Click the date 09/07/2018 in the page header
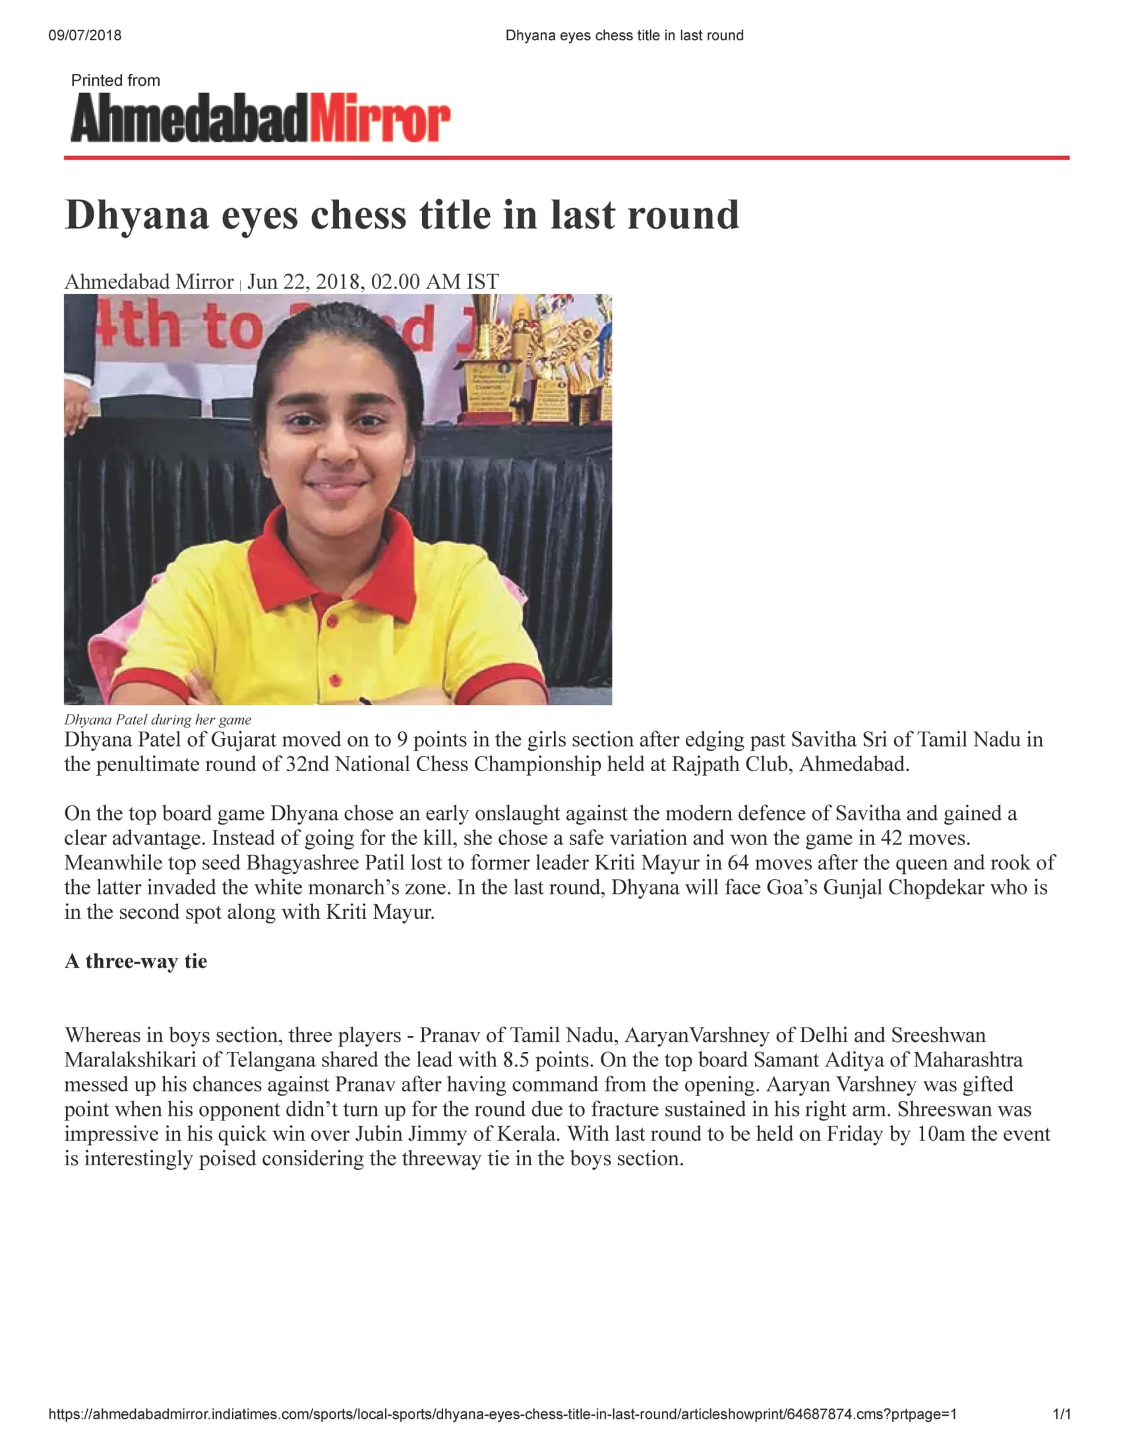click(84, 35)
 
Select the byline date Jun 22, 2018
click(306, 281)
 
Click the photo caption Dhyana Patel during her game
click(158, 720)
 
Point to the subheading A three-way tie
click(135, 962)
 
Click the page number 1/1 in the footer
click(1062, 1414)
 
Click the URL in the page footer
click(502, 1414)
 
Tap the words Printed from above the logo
click(115, 80)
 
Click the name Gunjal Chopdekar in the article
click(904, 888)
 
